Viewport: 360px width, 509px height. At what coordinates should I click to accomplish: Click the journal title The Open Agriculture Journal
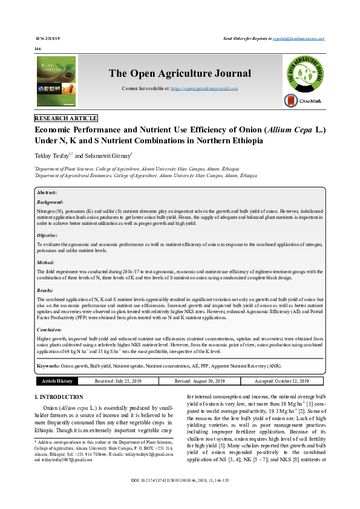point(180,74)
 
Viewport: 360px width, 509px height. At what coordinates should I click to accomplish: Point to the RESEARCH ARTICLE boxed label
point(66,118)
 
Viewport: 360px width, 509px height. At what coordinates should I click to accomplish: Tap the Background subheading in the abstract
point(50,202)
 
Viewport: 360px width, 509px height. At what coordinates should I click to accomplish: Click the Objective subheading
point(48,235)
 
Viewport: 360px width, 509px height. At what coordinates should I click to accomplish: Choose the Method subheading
point(46,263)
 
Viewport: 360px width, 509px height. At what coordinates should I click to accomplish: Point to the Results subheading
point(47,291)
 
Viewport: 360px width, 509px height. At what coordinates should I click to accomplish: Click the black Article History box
point(57,381)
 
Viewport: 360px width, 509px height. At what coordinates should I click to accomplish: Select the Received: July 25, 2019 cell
point(119,381)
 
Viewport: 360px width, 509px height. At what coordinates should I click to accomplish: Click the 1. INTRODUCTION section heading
point(59,397)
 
